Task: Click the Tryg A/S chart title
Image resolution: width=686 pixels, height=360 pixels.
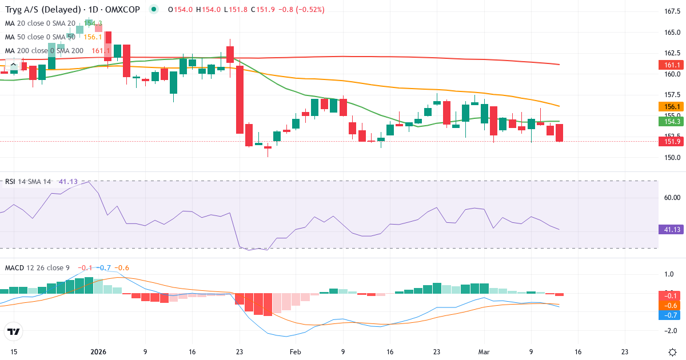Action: (73, 10)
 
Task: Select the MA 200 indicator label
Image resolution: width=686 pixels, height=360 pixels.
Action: (45, 51)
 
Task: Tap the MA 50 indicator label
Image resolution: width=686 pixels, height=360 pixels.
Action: (40, 37)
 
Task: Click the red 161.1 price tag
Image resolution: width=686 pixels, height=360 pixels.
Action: (672, 65)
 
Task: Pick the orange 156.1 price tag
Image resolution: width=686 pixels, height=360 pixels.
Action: (672, 107)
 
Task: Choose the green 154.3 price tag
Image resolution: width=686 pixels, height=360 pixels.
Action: (672, 121)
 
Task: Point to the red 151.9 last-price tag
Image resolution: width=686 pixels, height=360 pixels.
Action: (672, 142)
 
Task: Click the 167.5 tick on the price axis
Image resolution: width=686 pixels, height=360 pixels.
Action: (672, 11)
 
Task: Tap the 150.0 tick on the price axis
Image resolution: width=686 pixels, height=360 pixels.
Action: (672, 158)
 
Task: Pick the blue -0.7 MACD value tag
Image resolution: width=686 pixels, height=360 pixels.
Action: (672, 315)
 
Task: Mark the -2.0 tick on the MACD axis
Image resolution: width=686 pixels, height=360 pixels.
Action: (672, 331)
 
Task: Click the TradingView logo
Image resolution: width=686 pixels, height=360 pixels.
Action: (14, 331)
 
